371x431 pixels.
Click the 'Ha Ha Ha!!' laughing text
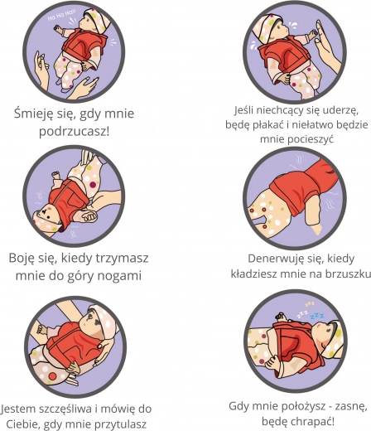coord(61,15)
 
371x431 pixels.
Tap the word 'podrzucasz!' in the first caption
coord(74,131)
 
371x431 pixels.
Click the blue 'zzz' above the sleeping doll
coord(317,316)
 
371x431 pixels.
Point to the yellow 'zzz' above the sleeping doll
coord(310,304)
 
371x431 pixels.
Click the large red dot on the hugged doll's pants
coord(52,375)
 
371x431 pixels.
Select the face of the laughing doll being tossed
coord(87,22)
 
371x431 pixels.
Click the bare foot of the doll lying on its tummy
coord(317,228)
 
